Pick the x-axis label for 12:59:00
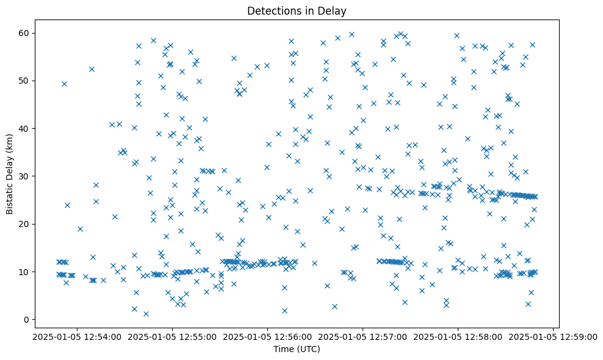coord(553,336)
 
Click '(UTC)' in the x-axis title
coord(309,349)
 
